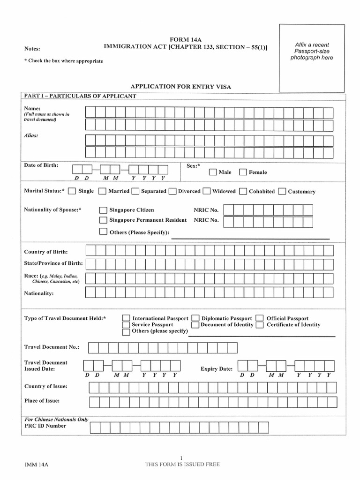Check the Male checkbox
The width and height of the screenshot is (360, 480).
point(213,172)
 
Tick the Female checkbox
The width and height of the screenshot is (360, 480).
point(243,172)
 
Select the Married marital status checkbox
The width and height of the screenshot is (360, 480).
point(103,191)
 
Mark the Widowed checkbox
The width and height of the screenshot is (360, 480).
point(207,191)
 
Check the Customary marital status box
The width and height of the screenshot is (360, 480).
point(282,191)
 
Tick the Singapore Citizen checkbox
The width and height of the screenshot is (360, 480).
point(103,210)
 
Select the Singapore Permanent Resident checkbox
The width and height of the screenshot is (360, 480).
point(103,220)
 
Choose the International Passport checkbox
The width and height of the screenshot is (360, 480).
point(126,318)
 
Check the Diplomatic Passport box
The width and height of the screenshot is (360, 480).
point(195,318)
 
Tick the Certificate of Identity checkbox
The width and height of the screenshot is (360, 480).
point(260,325)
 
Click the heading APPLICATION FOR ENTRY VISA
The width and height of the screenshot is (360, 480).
point(180,87)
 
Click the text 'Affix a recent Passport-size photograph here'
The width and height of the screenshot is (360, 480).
point(312,51)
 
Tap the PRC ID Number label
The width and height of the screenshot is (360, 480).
point(45,426)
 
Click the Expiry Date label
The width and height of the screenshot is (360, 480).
point(217,369)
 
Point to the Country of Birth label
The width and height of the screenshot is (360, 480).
point(46,252)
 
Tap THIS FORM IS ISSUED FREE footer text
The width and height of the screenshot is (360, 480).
point(182,465)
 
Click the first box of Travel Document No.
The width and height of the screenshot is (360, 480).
point(93,347)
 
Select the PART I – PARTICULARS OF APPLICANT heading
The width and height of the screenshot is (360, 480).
point(80,96)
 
